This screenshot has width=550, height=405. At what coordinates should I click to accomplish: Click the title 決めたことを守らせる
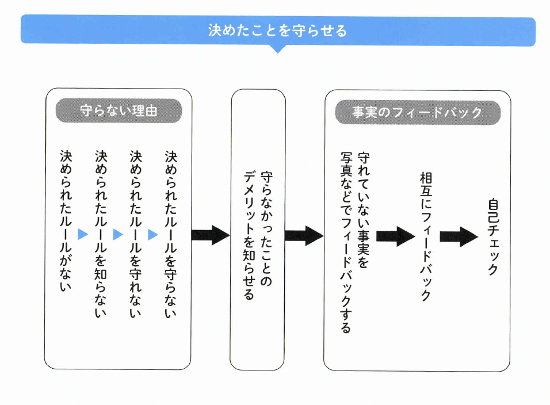278,30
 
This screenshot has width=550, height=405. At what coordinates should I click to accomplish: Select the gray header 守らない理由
119,111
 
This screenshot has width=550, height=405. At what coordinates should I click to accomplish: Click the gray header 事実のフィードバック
417,112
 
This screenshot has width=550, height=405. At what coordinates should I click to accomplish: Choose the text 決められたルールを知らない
101,233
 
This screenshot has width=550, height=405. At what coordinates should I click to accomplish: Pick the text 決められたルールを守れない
136,233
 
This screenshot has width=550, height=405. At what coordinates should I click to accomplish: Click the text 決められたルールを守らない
171,233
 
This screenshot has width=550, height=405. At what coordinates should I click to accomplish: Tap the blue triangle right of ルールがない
83,234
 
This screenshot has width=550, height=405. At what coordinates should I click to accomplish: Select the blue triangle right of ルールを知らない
119,234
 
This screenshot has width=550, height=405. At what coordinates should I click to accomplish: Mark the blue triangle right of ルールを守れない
153,234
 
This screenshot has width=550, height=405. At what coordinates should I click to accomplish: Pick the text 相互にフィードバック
425,236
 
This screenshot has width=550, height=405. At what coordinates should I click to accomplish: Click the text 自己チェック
492,236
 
